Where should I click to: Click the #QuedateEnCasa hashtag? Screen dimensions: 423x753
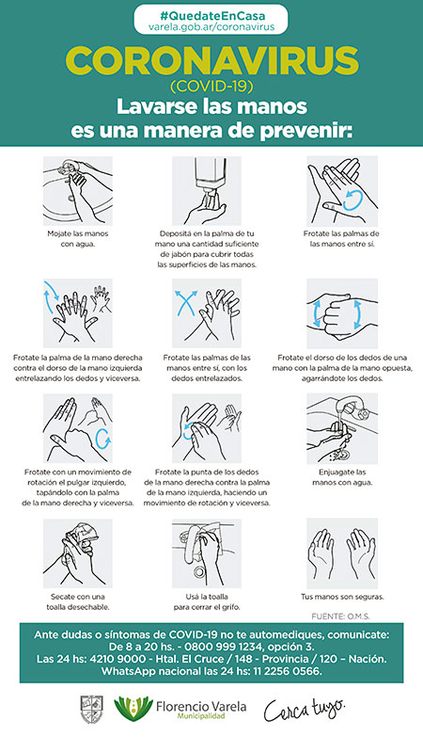211,15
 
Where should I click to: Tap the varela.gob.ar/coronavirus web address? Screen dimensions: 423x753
211,27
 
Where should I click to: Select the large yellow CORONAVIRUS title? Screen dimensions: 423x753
211,61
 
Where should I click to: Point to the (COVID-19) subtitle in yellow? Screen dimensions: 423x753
211,87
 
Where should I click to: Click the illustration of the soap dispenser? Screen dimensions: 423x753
207,191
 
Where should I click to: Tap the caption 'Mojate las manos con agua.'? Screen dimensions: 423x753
78,239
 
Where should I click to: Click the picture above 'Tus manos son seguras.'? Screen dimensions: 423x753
342,553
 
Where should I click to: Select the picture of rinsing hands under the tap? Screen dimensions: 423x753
342,429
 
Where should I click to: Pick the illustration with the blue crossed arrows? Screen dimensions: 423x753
207,313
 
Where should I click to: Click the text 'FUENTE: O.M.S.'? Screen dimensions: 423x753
340,617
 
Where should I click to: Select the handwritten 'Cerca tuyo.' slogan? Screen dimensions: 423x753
304,710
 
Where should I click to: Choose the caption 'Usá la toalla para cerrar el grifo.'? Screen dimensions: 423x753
207,601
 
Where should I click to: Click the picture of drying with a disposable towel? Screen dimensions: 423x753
78,553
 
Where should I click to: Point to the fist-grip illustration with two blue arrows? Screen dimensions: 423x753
342,313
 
